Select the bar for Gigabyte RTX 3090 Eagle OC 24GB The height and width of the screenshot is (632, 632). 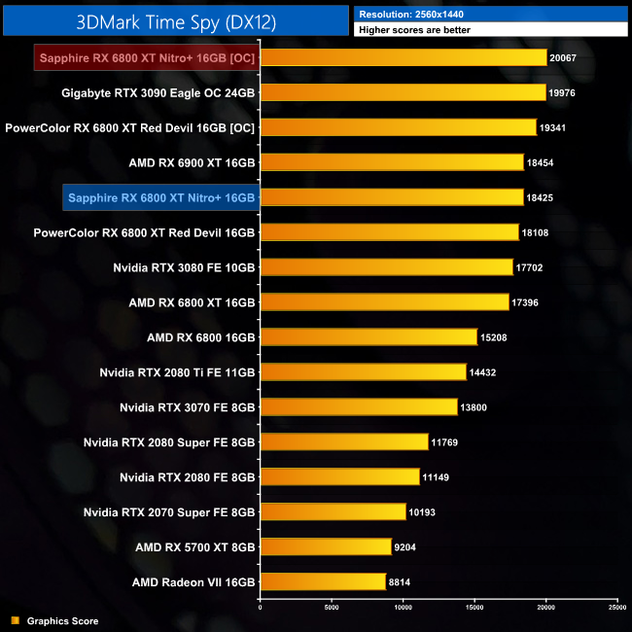pos(403,92)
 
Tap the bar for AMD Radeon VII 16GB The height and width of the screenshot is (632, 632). pos(323,581)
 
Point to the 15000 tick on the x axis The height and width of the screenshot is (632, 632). pos(474,608)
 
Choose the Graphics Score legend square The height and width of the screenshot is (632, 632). pos(15,620)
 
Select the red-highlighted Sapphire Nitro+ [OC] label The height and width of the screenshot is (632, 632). pos(147,57)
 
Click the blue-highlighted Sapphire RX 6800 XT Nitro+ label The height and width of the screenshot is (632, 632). pos(160,197)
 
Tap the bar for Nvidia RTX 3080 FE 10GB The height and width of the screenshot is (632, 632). pos(386,266)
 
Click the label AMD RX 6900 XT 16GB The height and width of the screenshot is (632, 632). pos(192,162)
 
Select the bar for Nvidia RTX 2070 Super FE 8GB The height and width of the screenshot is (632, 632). pos(333,511)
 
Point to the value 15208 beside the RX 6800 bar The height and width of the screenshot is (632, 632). pos(493,337)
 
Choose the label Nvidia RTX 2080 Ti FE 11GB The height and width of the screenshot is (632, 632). pos(177,372)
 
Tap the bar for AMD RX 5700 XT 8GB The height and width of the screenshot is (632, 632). pos(326,546)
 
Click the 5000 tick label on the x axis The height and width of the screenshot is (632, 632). pos(332,608)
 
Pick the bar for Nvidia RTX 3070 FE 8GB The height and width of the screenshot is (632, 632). pos(359,406)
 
